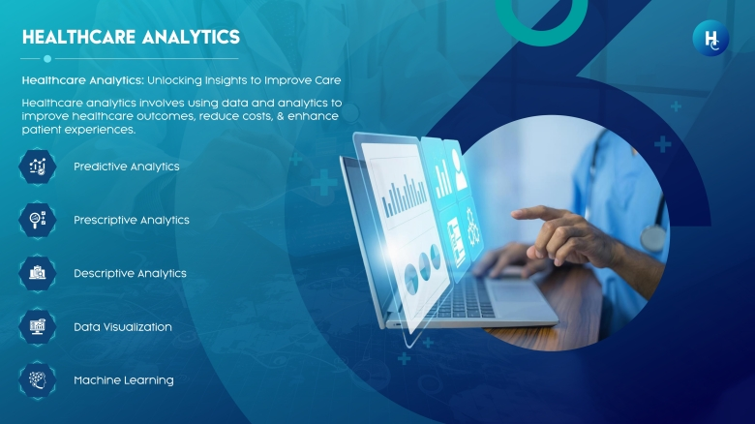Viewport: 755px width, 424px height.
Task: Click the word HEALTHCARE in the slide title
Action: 79,37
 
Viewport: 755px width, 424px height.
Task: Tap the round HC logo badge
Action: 710,38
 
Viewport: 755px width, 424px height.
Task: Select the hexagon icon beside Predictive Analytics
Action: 38,167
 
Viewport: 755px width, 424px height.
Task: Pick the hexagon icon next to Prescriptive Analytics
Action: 38,220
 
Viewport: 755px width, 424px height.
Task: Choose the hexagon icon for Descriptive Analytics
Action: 38,273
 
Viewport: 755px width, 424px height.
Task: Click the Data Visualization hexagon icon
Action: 38,326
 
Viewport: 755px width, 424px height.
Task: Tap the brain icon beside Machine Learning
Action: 38,380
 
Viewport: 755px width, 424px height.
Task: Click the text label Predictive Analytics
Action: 127,167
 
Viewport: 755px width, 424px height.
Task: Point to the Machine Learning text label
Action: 124,380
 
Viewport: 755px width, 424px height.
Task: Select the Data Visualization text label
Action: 123,327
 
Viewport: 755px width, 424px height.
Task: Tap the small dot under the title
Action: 47,59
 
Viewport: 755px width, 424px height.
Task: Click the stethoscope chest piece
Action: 653,238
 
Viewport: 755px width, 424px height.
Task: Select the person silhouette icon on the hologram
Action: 460,169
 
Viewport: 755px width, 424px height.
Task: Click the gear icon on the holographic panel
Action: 473,227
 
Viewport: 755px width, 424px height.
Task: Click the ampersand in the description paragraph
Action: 281,116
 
